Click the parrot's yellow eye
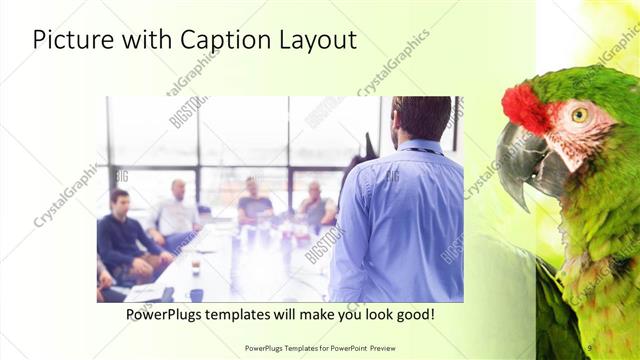(579, 115)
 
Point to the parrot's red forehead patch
(523, 109)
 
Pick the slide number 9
(590, 347)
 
